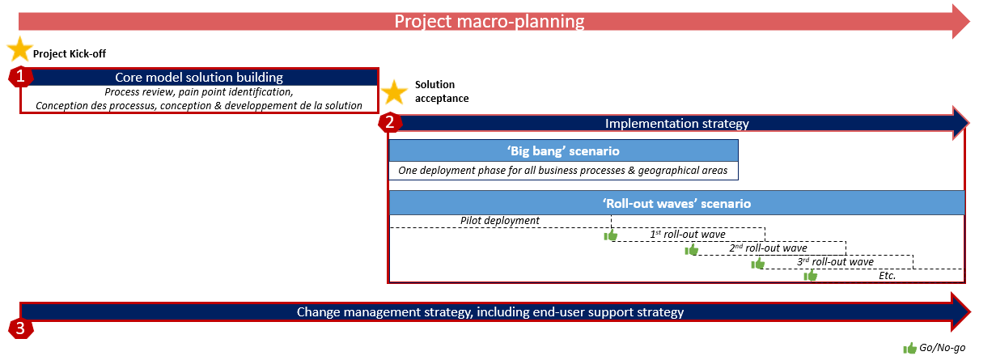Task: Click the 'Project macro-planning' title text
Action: tap(490, 21)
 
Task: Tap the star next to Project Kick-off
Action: tap(20, 49)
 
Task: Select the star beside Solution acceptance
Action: tap(394, 92)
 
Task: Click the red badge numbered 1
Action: tap(20, 76)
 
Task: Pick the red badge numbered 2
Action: tap(390, 122)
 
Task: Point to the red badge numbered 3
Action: tap(20, 328)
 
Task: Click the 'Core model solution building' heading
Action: tap(199, 78)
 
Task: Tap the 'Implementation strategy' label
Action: tap(676, 123)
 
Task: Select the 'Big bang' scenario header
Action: tap(563, 151)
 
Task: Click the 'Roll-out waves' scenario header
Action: tap(676, 204)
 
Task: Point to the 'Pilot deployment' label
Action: tap(500, 220)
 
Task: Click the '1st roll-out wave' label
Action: tap(688, 235)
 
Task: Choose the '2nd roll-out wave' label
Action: tap(768, 248)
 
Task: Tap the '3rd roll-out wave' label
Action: tap(835, 262)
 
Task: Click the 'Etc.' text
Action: tap(887, 276)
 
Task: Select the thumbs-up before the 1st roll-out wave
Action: tap(611, 235)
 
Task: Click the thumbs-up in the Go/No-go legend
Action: tap(909, 348)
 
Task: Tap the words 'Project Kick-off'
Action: tap(70, 53)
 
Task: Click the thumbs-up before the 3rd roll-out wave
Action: tap(757, 264)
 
